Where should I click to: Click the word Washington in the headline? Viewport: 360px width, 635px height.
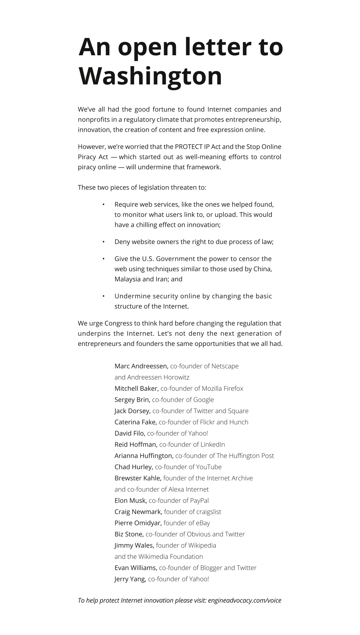[x=150, y=76]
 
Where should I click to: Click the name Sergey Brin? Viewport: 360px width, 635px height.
[x=132, y=400]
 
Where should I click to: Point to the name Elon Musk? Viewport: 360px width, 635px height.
[x=131, y=500]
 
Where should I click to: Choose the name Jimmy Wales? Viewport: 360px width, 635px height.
[x=134, y=545]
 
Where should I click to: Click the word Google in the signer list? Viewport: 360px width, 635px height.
[x=204, y=400]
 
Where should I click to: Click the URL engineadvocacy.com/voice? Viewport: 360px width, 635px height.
[x=244, y=600]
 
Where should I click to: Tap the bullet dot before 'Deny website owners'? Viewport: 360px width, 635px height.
[x=104, y=242]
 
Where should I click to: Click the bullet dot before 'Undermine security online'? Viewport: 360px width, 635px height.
[x=104, y=296]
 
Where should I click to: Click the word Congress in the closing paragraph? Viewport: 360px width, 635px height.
[x=119, y=323]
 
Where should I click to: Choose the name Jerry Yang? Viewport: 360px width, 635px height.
[x=130, y=579]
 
